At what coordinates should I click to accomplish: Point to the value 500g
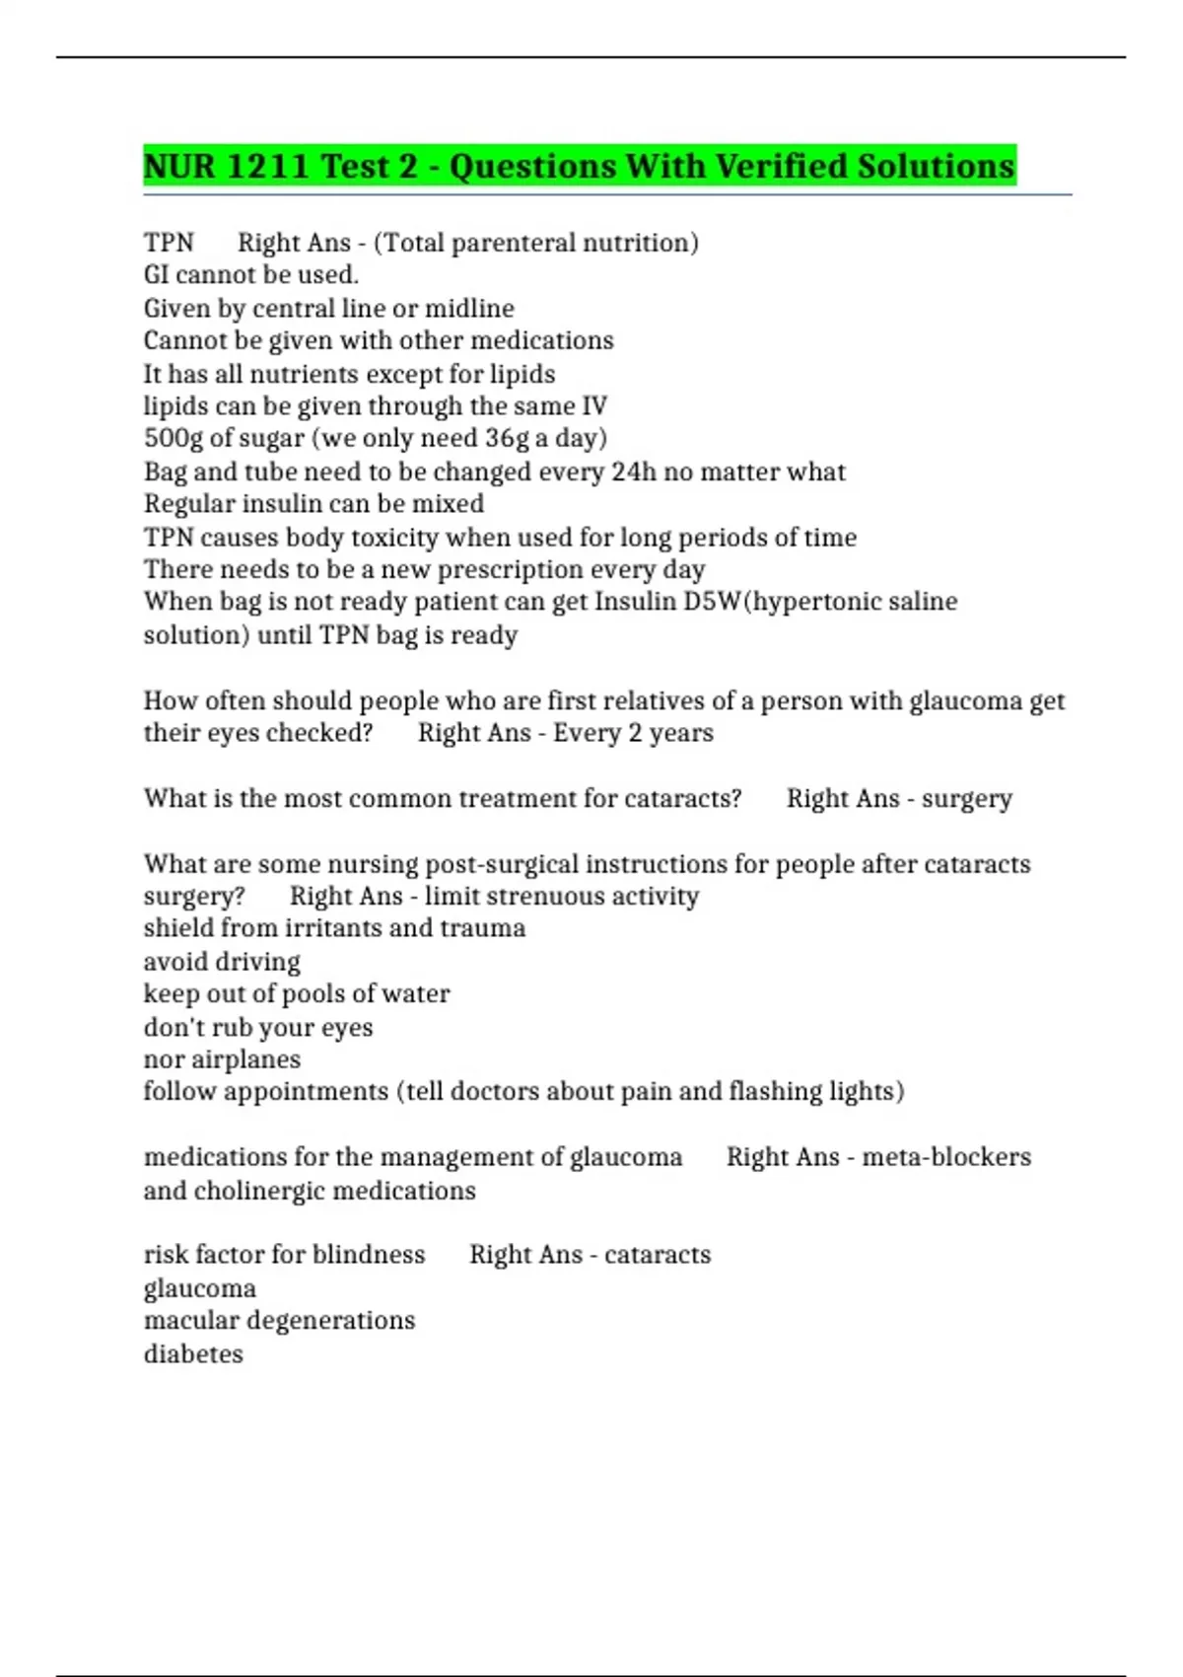click(174, 438)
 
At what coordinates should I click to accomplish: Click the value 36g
click(507, 438)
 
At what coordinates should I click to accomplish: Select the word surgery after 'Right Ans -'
click(966, 799)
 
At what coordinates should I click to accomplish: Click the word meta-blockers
click(946, 1157)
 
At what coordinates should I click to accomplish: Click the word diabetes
click(193, 1353)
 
